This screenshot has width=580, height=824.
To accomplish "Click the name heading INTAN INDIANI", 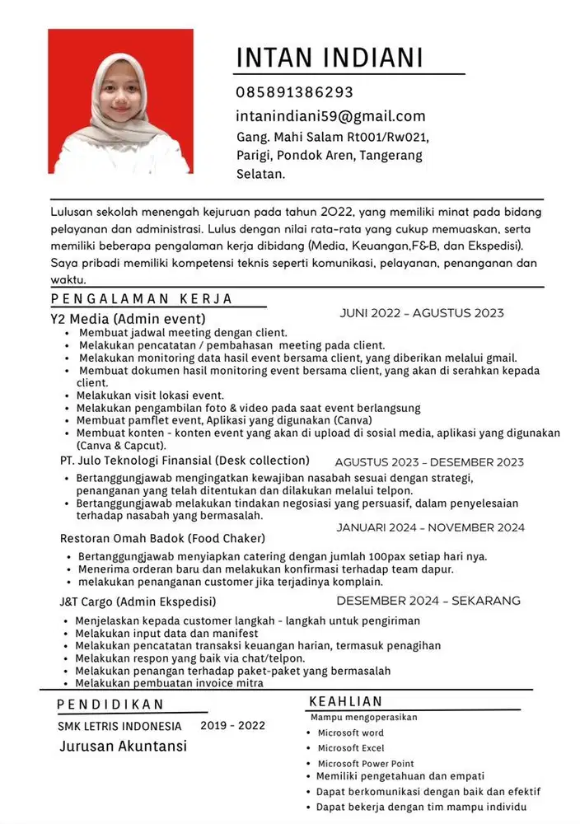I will (x=330, y=58).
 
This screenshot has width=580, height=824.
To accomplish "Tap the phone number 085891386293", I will (x=294, y=92).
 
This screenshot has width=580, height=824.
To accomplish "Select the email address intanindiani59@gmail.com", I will (x=330, y=116).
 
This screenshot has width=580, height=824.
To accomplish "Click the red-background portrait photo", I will (x=120, y=101).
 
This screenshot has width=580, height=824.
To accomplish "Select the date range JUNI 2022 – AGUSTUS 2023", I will (x=421, y=313).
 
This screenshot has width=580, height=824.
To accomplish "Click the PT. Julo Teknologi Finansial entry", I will (x=185, y=461).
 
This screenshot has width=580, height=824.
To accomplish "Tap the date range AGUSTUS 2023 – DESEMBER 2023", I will (x=429, y=462).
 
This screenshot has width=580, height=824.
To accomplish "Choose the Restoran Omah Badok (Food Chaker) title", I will (x=162, y=538).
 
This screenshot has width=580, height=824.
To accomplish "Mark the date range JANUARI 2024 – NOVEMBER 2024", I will (x=430, y=527).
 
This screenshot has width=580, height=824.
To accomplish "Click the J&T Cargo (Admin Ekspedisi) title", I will (x=138, y=602).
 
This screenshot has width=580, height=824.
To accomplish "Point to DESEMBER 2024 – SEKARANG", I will (x=428, y=601).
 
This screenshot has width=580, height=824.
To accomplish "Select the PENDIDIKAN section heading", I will (x=110, y=705).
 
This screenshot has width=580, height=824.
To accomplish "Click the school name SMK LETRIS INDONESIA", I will (x=119, y=727).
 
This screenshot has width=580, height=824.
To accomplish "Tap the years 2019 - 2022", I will (x=233, y=726).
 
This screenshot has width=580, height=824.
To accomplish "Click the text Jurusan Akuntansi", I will (x=123, y=747).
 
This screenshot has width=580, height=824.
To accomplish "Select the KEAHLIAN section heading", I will (x=345, y=702).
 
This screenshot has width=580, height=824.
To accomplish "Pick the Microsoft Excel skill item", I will (x=351, y=748).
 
